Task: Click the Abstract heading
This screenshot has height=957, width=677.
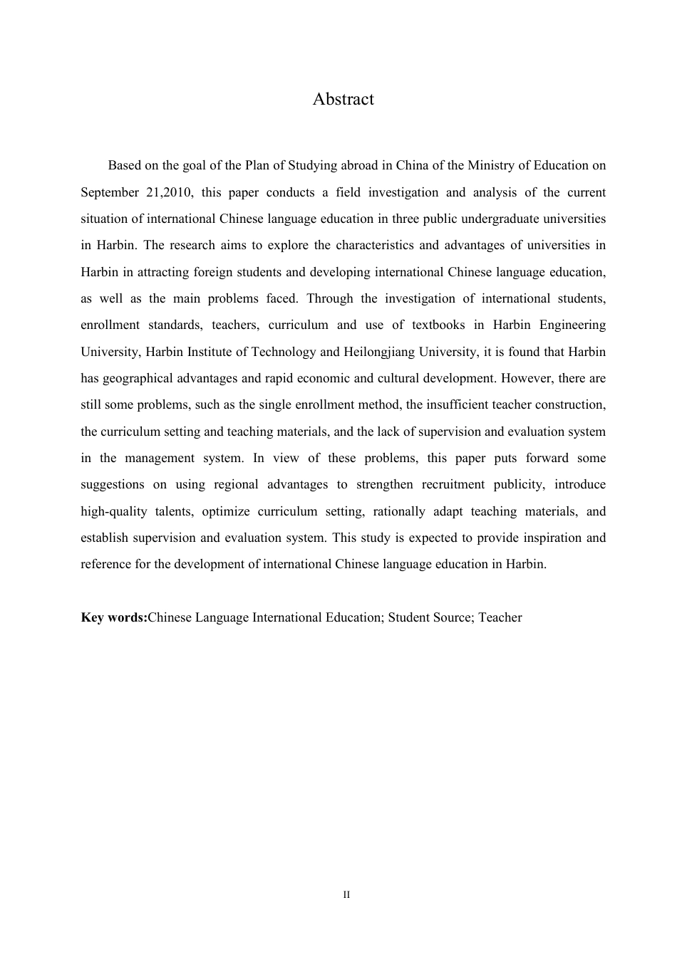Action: pyautogui.click(x=343, y=99)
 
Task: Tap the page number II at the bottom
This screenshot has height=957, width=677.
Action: pyautogui.click(x=346, y=894)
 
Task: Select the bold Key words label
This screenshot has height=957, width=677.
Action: pyautogui.click(x=114, y=617)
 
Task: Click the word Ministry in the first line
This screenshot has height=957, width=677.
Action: pyautogui.click(x=490, y=165)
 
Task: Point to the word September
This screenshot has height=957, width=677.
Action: pyautogui.click(x=109, y=192)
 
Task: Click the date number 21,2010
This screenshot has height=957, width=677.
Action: pyautogui.click(x=170, y=192)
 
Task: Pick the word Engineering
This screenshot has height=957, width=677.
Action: pyautogui.click(x=572, y=325)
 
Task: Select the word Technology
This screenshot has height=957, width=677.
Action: pyautogui.click(x=283, y=352)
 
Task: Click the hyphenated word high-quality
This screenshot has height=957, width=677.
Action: pyautogui.click(x=113, y=511)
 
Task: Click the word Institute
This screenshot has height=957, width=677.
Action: pyautogui.click(x=202, y=352)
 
